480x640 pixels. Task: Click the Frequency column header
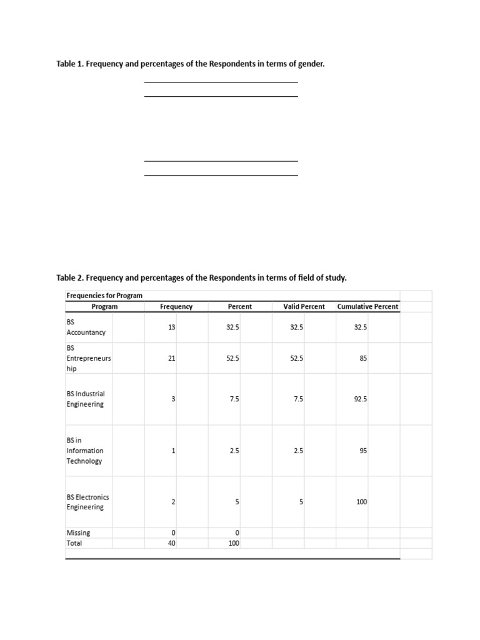[176, 306]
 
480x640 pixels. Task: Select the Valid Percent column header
[304, 306]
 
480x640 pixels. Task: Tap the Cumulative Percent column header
[367, 306]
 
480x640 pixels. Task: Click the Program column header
[104, 306]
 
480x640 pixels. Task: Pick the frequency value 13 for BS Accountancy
[172, 327]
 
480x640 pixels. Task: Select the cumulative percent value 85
[363, 358]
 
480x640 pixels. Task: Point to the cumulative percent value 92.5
[361, 399]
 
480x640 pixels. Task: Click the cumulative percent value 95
[363, 450]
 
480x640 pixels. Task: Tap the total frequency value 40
[172, 543]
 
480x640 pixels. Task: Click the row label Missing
[78, 532]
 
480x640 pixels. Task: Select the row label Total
[74, 543]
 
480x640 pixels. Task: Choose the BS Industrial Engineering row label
[86, 399]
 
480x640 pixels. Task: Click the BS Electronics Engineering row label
[87, 502]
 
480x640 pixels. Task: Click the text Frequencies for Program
[104, 295]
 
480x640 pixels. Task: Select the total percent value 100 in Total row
[234, 543]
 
